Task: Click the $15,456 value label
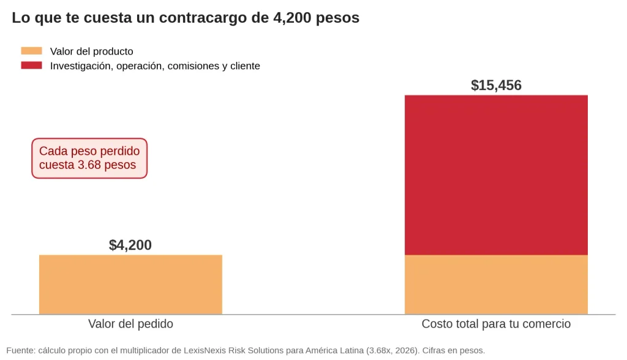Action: point(496,85)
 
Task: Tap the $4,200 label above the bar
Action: point(130,245)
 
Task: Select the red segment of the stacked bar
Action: point(496,175)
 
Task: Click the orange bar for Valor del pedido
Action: point(130,285)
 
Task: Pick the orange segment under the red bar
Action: point(496,285)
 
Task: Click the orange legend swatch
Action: point(32,51)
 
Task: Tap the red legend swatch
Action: point(32,65)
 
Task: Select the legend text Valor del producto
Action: point(92,51)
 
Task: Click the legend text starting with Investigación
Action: point(155,66)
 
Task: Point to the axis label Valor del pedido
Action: point(131,324)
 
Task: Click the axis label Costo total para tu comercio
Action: point(496,324)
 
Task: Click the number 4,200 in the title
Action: point(292,18)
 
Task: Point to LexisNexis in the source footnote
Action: point(205,350)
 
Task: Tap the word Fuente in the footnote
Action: point(20,350)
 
